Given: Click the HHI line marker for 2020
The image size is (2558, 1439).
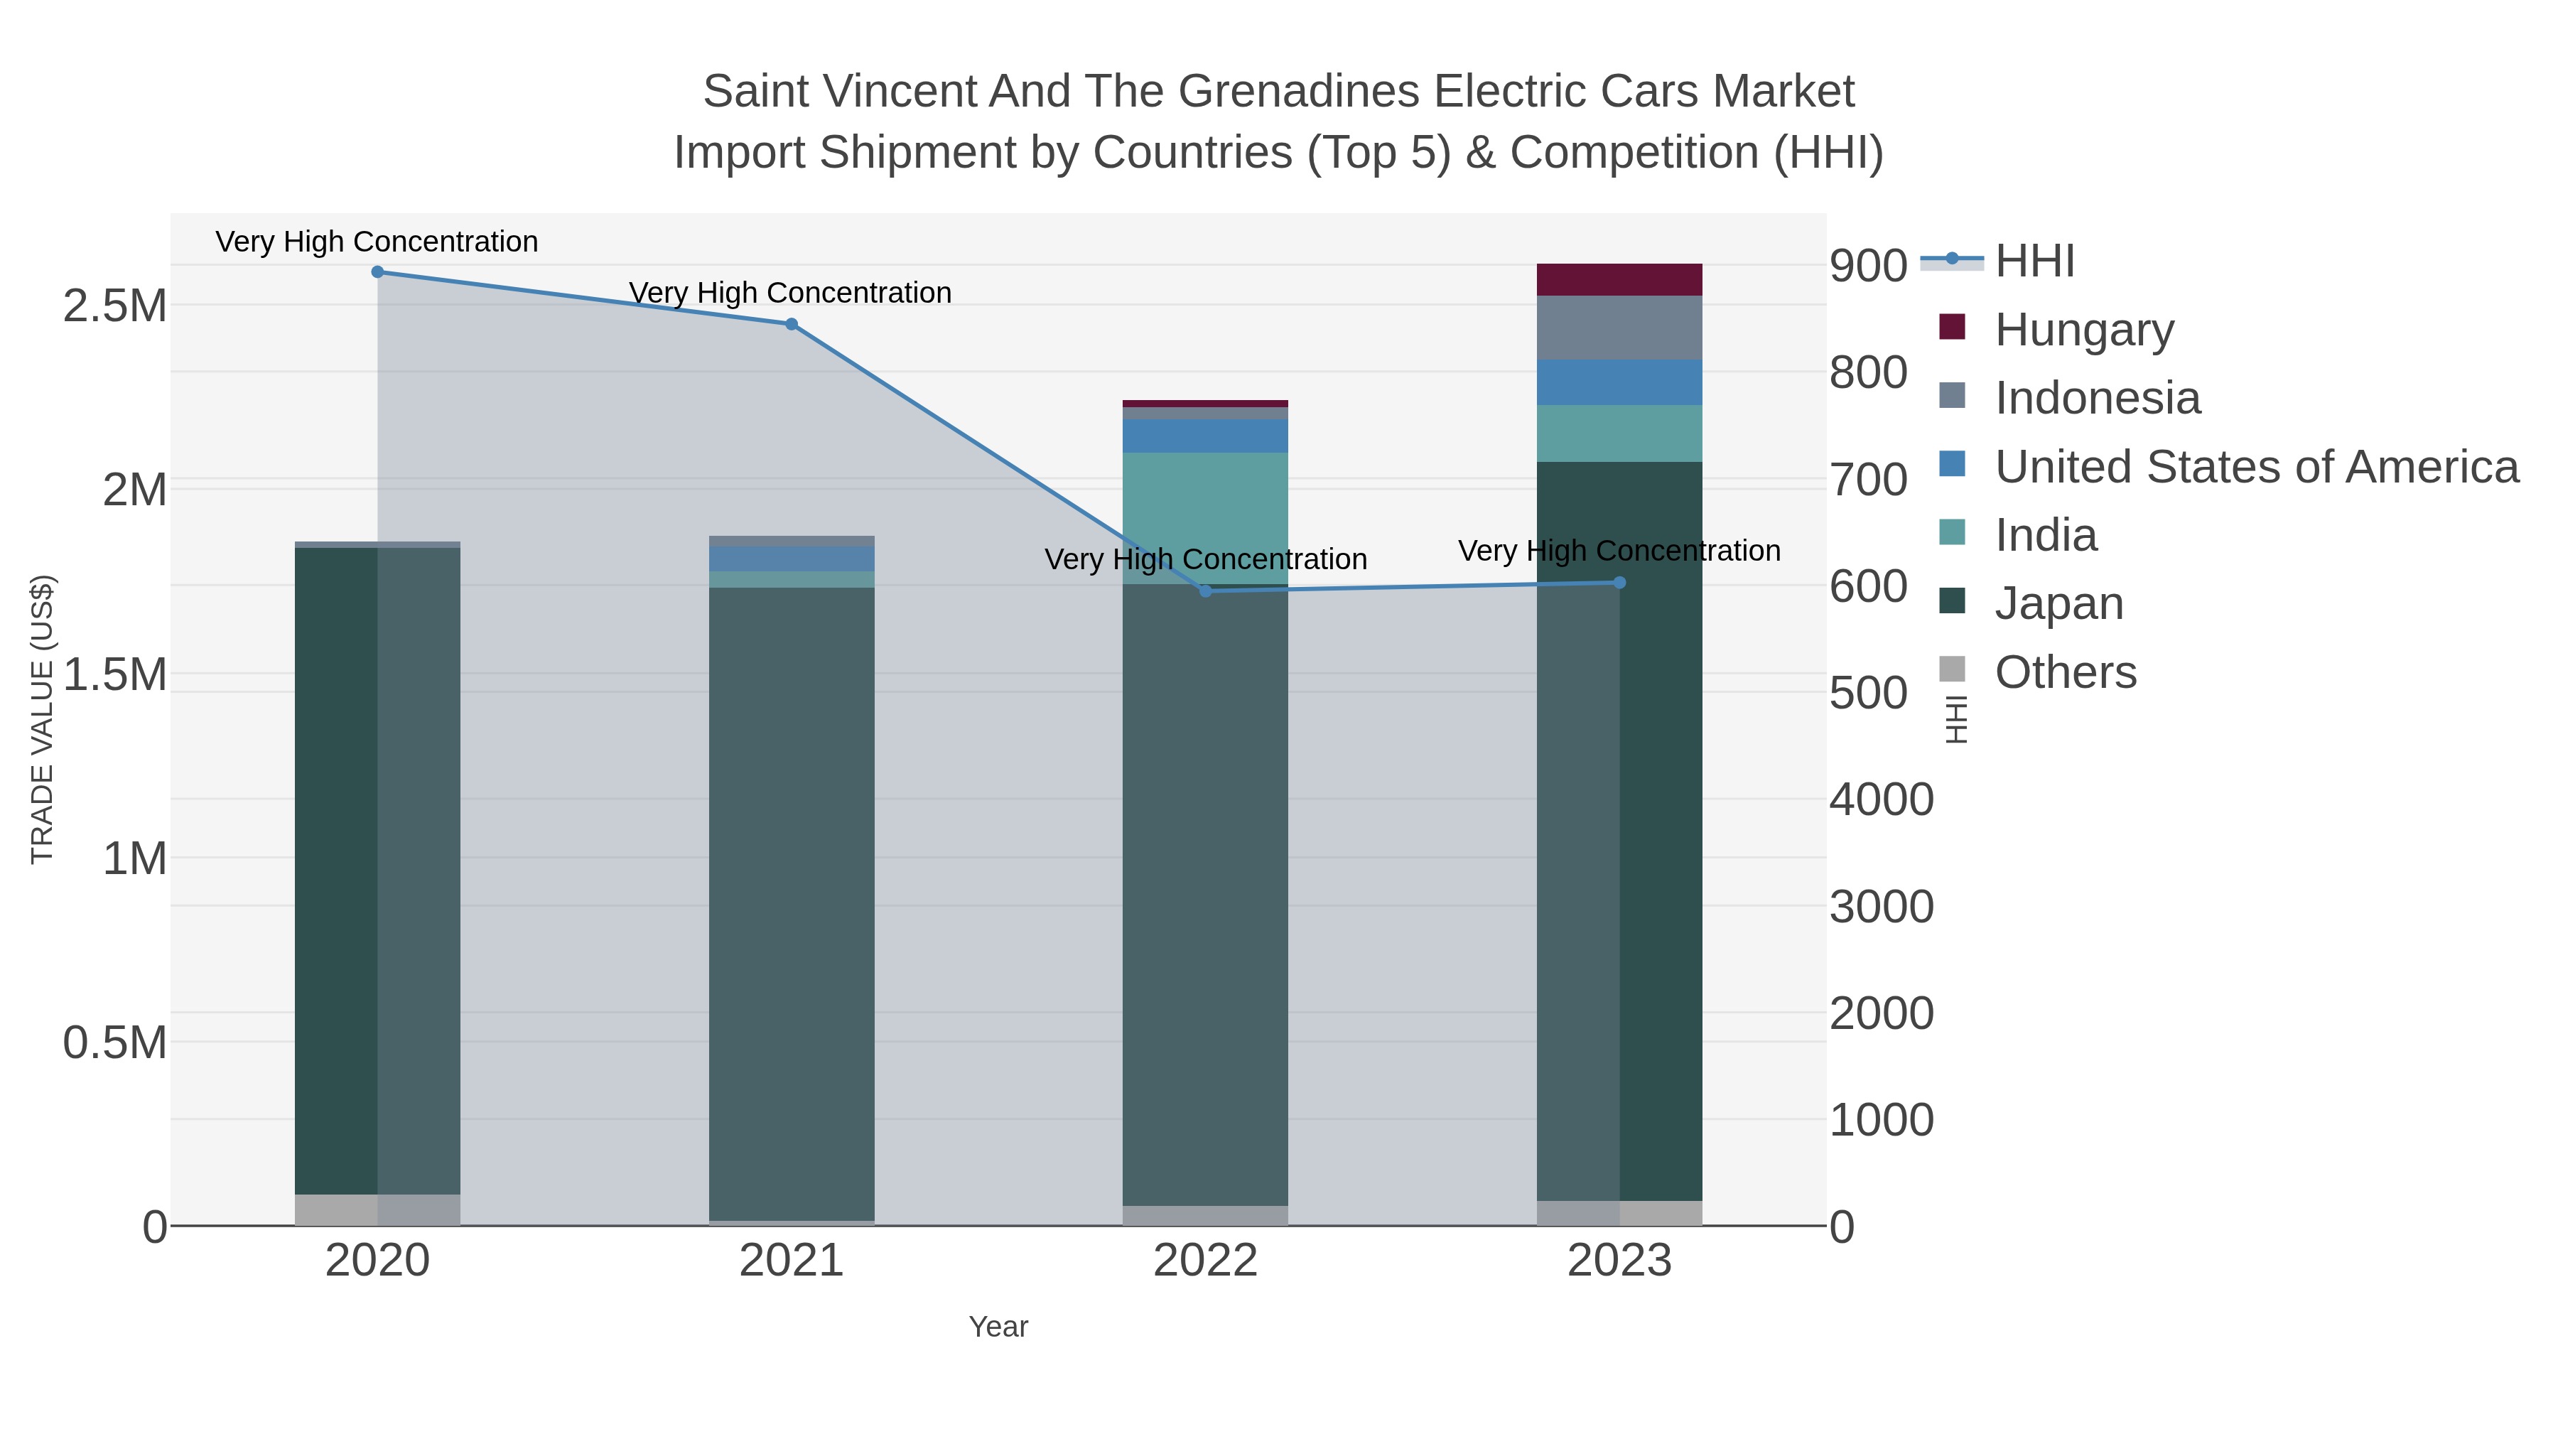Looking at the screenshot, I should point(377,272).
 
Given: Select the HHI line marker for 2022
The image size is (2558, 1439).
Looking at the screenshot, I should point(1206,591).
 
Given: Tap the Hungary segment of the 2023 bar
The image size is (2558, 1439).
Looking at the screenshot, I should point(1619,280).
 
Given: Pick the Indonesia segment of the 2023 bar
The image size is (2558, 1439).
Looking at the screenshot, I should point(1619,328).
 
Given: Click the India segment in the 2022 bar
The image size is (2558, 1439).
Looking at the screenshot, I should point(1206,517).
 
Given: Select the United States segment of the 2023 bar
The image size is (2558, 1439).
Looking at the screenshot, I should point(1619,382).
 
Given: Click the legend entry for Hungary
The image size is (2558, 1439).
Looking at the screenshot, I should point(2083,330).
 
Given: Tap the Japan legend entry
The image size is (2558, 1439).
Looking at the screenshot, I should point(2058,604).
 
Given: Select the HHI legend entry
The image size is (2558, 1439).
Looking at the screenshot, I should point(2034,262).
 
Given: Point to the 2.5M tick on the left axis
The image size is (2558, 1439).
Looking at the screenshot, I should point(115,306).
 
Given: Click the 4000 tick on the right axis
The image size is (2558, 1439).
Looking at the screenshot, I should point(1881,800).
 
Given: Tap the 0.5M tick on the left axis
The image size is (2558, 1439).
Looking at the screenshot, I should point(115,1042).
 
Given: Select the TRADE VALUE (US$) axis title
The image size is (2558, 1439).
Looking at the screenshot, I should point(42,719).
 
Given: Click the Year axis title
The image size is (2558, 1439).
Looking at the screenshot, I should point(998,1327).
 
